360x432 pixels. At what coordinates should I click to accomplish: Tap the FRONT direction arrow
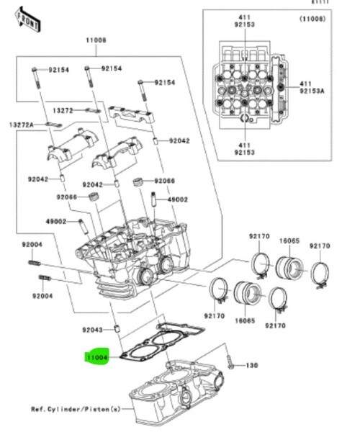[x=28, y=20]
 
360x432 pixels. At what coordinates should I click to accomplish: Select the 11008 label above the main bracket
[x=96, y=40]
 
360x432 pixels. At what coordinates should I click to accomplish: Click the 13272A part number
[x=21, y=125]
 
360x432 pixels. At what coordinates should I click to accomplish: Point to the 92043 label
[x=92, y=330]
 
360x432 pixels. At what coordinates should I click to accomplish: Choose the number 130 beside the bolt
[x=252, y=365]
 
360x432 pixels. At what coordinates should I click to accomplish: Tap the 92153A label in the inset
[x=312, y=91]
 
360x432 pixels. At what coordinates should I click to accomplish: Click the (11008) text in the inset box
[x=312, y=19]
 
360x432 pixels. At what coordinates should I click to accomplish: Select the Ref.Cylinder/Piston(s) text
[x=76, y=409]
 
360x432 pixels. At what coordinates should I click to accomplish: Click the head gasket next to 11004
[x=163, y=341]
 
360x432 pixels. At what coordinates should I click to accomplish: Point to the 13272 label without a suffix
[x=63, y=110]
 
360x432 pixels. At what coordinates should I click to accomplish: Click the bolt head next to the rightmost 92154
[x=140, y=82]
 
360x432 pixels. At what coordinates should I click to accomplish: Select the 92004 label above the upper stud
[x=32, y=244]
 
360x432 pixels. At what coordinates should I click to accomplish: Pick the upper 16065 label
[x=289, y=241]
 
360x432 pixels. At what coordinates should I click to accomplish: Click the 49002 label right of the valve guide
[x=178, y=199]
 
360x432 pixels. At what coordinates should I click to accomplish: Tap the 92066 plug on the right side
[x=138, y=182]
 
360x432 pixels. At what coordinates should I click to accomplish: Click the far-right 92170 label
[x=320, y=246]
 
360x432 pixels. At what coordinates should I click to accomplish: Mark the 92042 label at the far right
[x=179, y=141]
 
